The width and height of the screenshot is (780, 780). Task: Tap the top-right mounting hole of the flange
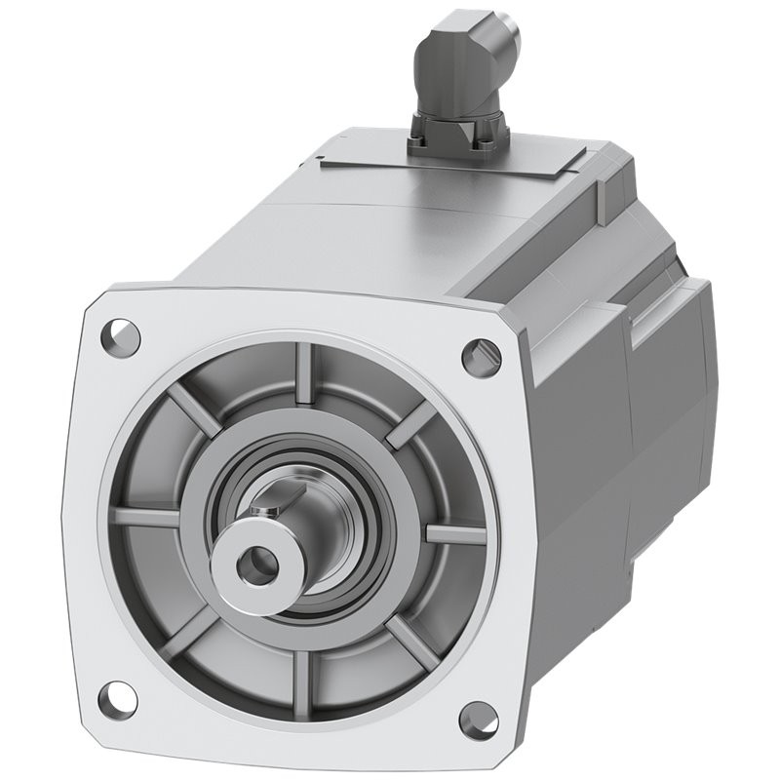click(479, 358)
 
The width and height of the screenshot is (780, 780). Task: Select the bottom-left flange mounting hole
click(118, 697)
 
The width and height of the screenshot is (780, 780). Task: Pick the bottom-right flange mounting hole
click(478, 720)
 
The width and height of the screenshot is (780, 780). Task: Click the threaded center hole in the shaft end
click(256, 563)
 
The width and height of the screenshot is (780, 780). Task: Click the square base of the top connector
click(456, 135)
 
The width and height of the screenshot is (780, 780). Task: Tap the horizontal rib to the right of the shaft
click(454, 534)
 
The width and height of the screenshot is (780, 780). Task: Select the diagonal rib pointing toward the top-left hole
click(195, 409)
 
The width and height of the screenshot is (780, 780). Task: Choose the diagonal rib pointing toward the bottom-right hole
click(409, 643)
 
